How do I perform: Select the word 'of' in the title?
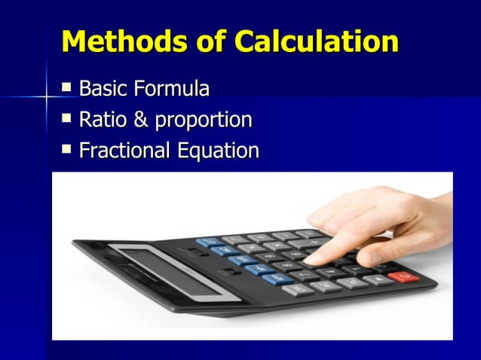point(204,41)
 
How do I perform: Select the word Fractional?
point(125,151)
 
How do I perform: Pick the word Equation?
point(219,151)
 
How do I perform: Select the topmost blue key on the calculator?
point(206,243)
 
